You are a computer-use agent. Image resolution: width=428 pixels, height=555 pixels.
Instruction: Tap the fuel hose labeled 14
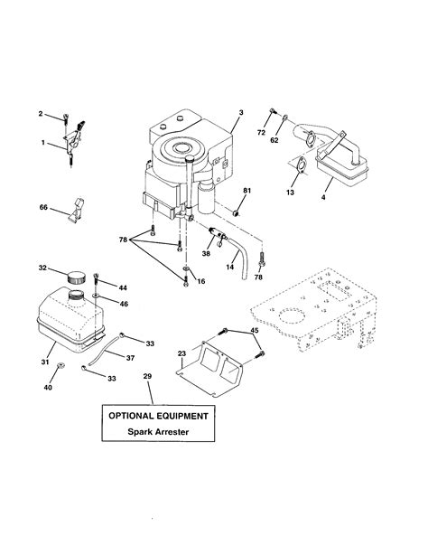pyautogui.click(x=240, y=258)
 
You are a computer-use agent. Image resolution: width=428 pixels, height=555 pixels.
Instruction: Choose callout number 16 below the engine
pyautogui.click(x=200, y=282)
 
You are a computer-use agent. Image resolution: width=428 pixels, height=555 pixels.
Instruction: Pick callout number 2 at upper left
pyautogui.click(x=40, y=114)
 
